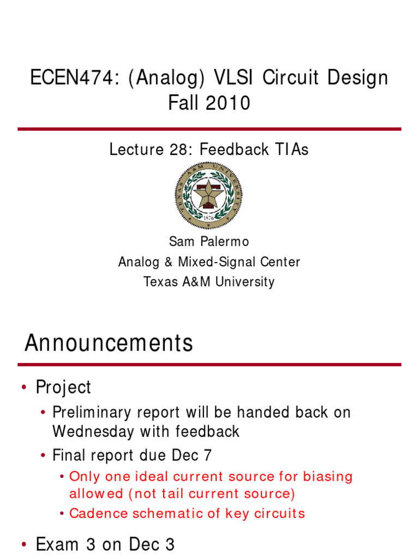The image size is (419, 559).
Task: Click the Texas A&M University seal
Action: click(x=208, y=195)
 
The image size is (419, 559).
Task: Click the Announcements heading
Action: click(x=109, y=343)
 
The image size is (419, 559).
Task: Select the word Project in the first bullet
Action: click(x=63, y=387)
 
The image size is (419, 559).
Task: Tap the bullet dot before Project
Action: click(x=23, y=388)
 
